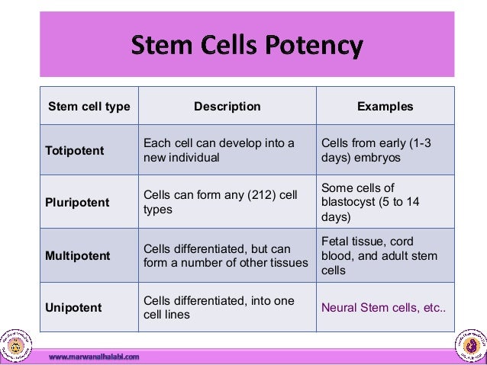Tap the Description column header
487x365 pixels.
pyautogui.click(x=227, y=107)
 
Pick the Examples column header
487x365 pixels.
pyautogui.click(x=385, y=107)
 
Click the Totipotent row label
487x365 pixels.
pyautogui.click(x=75, y=150)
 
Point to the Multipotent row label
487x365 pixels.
pyautogui.click(x=77, y=255)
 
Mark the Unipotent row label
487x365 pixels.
pyautogui.click(x=74, y=308)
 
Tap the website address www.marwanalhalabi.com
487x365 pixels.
pyautogui.click(x=94, y=357)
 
